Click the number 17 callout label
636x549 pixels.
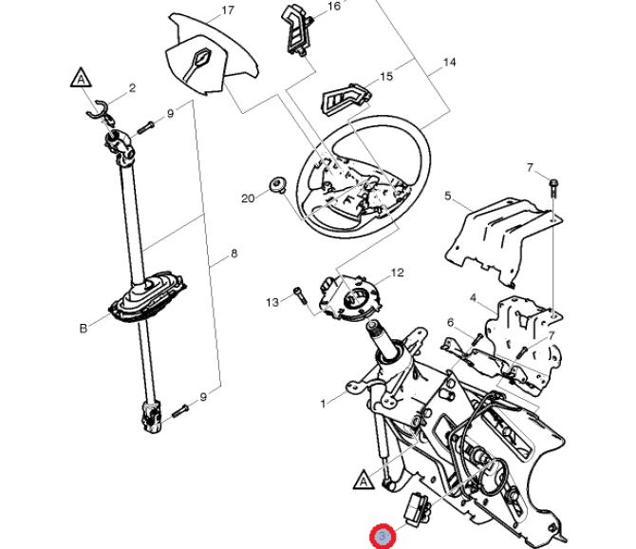tap(227, 11)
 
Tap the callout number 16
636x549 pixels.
tap(333, 7)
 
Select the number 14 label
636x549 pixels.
tap(449, 63)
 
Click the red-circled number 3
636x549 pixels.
tap(383, 537)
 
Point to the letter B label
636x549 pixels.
tap(83, 329)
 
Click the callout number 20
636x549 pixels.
tap(248, 199)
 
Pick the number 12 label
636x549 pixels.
tap(397, 273)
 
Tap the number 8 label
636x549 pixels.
tap(234, 254)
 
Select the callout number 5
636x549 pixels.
tap(448, 197)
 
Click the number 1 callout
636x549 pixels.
tap(324, 404)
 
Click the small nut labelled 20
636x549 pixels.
tap(277, 183)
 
